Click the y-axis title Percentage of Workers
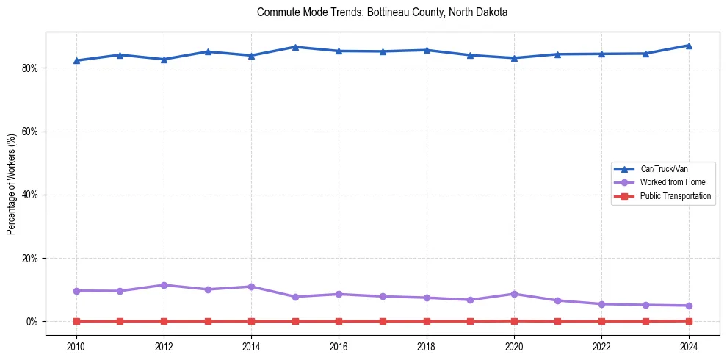click(12, 184)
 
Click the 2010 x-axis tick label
click(76, 346)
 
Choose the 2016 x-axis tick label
click(339, 346)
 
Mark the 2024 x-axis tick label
click(689, 346)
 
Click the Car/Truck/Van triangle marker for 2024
click(689, 46)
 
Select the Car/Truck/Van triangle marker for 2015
click(295, 47)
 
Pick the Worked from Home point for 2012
click(164, 285)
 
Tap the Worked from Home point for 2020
click(514, 294)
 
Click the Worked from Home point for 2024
click(689, 306)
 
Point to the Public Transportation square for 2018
click(427, 321)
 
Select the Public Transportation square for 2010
click(76, 321)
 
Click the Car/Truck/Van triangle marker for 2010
click(76, 60)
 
